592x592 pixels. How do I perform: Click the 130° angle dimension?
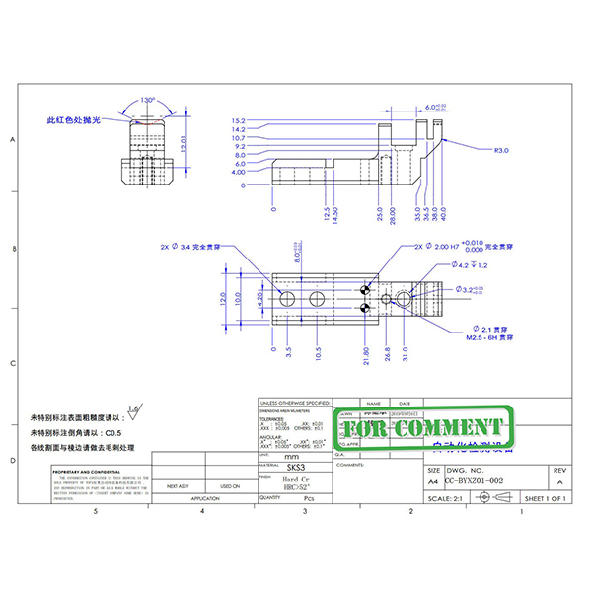[x=148, y=101]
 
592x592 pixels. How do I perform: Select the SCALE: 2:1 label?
[x=446, y=499]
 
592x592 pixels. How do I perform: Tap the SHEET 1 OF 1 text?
[x=544, y=499]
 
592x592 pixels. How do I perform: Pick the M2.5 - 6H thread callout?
[x=479, y=336]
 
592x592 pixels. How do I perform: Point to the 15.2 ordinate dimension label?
[x=239, y=120]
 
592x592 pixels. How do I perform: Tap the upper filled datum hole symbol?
[x=365, y=290]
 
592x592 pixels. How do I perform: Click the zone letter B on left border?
[x=13, y=249]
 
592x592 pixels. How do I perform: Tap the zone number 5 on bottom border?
[x=94, y=513]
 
